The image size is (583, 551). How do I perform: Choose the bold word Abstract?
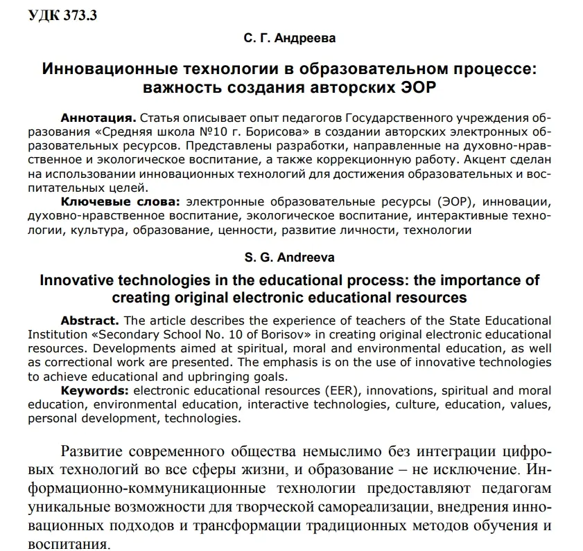tap(88, 320)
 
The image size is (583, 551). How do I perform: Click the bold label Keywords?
tap(94, 390)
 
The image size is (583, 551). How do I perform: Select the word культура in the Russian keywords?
tap(95, 230)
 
